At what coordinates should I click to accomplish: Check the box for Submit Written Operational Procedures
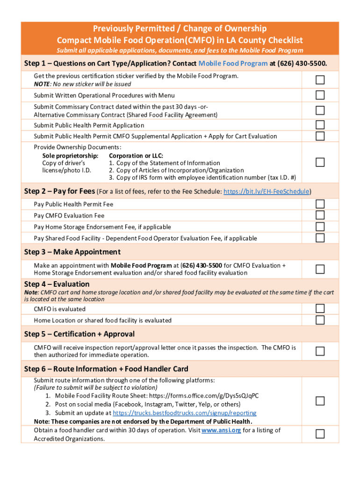[x=320, y=95]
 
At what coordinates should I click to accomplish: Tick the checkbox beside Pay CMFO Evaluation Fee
[x=320, y=215]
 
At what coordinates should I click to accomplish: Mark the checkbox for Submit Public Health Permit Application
[x=320, y=125]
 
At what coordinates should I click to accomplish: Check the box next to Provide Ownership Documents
[x=320, y=162]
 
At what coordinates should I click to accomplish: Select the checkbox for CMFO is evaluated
[x=320, y=309]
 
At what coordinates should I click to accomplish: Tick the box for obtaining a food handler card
[x=320, y=434]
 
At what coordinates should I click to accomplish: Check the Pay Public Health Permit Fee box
[x=320, y=204]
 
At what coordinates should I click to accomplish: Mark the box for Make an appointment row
[x=320, y=269]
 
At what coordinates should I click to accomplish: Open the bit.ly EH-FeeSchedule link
[x=266, y=191]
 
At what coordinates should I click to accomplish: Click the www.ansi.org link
[x=221, y=430]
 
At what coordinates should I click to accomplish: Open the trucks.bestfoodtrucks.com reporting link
[x=185, y=413]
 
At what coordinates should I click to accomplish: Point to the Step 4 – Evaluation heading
[x=57, y=284]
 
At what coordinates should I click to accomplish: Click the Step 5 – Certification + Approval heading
[x=79, y=334]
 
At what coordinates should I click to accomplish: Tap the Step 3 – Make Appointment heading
[x=72, y=252]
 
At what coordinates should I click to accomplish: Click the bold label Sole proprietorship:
[x=70, y=155]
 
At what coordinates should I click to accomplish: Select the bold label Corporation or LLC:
[x=136, y=155]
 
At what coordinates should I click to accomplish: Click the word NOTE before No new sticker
[x=42, y=84]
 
